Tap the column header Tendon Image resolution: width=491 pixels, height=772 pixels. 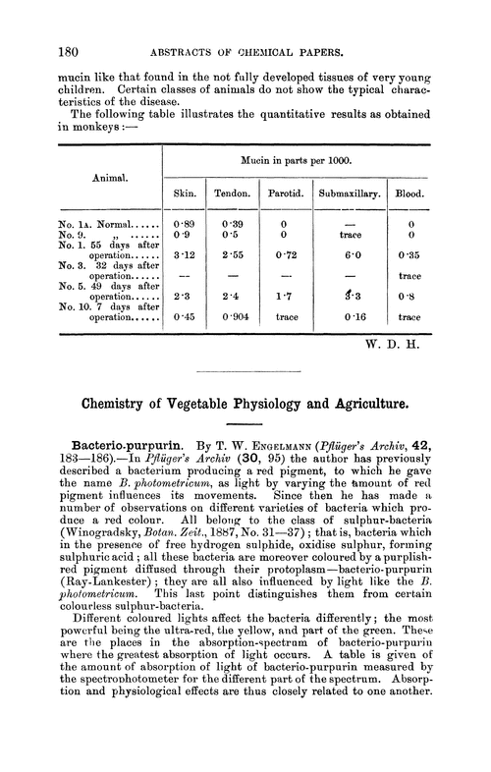pos(233,193)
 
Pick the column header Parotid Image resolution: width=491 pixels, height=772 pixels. pos(284,193)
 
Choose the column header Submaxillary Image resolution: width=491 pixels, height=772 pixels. pos(349,193)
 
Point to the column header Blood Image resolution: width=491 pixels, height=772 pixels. pos(410,193)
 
